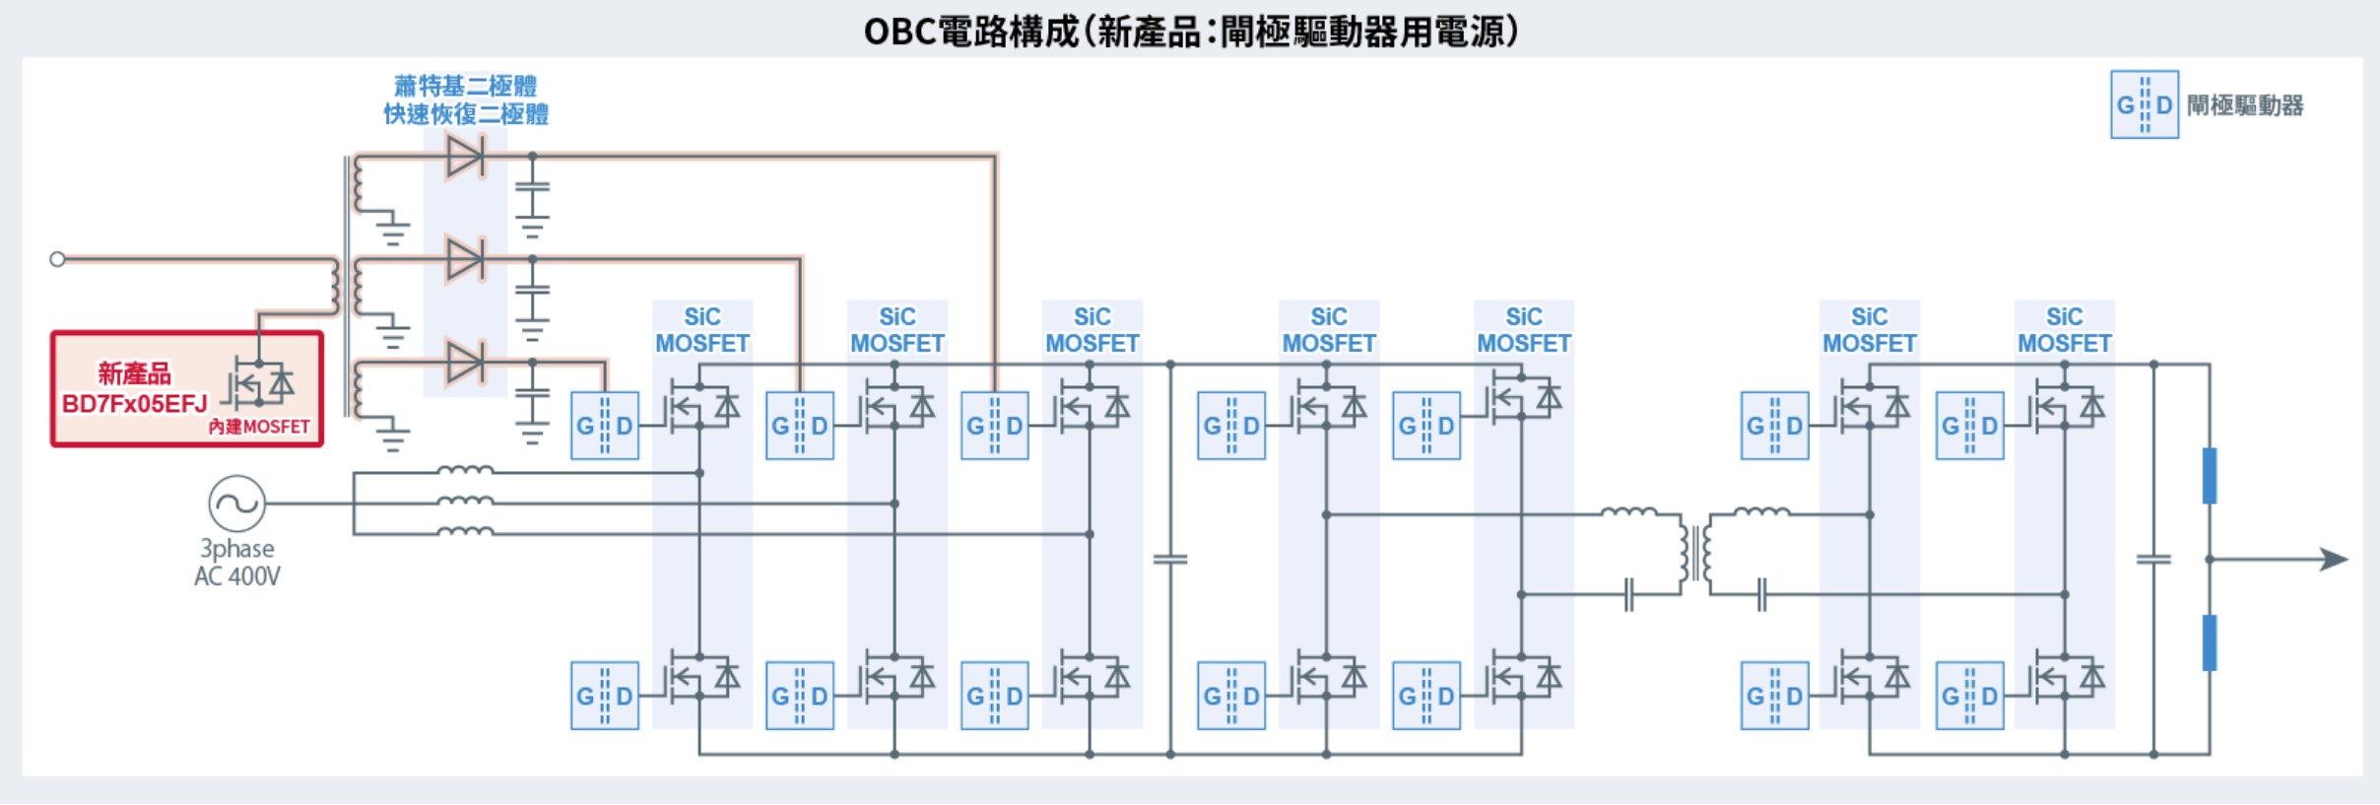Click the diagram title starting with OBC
pos(1190,32)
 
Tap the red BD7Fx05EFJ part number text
pos(135,404)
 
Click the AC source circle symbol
pos(236,503)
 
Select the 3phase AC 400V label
pos(237,563)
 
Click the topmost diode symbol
pos(465,156)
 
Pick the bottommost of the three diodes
pos(465,363)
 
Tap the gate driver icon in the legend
pos(2145,104)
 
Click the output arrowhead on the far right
pos(2335,560)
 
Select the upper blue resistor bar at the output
pos(2210,476)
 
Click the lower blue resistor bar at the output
pos(2210,642)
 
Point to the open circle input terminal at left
pos(57,259)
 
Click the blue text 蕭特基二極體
pos(465,86)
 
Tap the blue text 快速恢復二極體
pos(466,114)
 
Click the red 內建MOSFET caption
pos(259,427)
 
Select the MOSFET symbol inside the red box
pos(258,384)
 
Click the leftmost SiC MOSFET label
pos(702,330)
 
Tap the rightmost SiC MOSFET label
pos(2065,330)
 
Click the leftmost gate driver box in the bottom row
pos(605,696)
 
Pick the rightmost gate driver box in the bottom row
pos(1970,696)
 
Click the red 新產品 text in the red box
pos(134,373)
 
